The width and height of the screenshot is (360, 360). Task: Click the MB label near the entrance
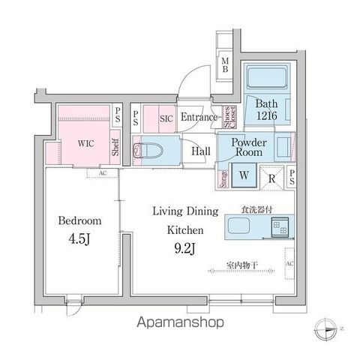225,65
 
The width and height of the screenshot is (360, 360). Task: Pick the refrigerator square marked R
272,178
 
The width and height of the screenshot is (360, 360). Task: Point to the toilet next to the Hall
150,151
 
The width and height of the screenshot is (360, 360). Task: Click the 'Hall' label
200,151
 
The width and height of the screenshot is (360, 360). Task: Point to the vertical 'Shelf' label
115,146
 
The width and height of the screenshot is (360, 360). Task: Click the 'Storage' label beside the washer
223,178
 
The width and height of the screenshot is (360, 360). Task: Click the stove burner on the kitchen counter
279,225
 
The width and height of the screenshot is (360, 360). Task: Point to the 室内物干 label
244,265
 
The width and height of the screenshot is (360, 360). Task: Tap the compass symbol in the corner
328,327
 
